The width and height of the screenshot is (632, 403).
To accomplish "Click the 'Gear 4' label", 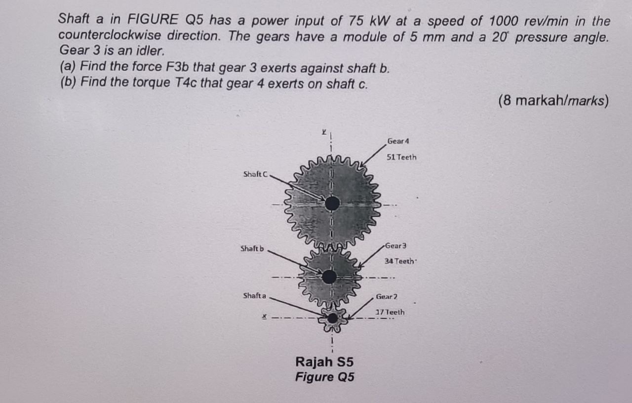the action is click(x=398, y=141).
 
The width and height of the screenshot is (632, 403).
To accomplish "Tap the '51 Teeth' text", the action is click(x=401, y=157).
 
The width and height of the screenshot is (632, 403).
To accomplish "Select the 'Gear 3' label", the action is click(x=395, y=245).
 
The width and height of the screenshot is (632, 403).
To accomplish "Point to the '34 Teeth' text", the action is click(x=399, y=261).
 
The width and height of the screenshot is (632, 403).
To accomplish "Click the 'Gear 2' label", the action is click(x=387, y=297).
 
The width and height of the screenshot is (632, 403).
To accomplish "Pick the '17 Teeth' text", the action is click(x=390, y=312).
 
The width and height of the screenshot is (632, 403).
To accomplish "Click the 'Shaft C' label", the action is click(x=256, y=174).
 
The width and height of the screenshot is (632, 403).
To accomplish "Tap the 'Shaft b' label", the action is click(x=252, y=248).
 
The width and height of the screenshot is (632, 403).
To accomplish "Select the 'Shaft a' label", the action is click(x=254, y=296).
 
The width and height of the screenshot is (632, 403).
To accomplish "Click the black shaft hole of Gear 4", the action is click(x=332, y=203).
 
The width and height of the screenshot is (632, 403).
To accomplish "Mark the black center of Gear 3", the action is click(x=329, y=277).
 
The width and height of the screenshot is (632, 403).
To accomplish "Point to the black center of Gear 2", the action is click(x=333, y=318).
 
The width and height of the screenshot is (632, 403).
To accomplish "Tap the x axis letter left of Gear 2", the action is click(x=265, y=317).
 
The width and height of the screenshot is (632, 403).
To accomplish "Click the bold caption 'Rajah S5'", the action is click(x=324, y=362).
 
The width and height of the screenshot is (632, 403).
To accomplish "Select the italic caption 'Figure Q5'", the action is click(x=324, y=377).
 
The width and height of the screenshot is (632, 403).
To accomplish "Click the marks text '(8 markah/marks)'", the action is click(x=553, y=101).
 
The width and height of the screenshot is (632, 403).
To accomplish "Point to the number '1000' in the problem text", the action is click(x=504, y=21).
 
